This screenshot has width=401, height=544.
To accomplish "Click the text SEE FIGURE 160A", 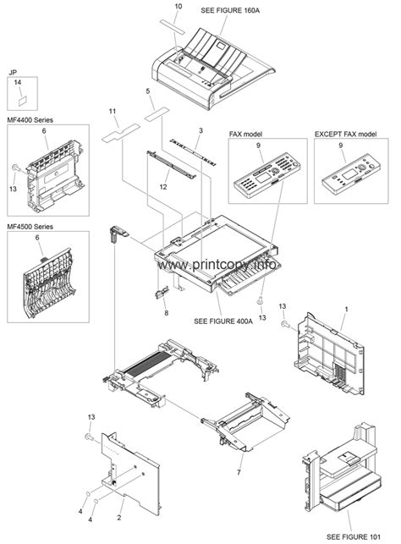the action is (230, 10).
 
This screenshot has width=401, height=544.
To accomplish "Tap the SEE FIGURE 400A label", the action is (223, 321).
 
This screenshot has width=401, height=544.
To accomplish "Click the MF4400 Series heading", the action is (30, 120).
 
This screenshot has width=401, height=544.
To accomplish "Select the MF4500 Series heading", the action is (30, 227).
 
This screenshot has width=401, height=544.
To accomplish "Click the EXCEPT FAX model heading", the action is (345, 134).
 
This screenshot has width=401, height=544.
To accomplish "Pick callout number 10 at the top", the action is (179, 6).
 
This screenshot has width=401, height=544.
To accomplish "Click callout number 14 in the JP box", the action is (18, 82).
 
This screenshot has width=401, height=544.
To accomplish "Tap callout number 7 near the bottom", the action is (239, 473).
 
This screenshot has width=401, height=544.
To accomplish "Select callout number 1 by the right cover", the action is (346, 309).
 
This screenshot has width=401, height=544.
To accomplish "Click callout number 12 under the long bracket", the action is (163, 187).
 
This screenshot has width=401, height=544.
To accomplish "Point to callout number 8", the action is (167, 313).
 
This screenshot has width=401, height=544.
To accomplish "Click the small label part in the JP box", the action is (23, 101).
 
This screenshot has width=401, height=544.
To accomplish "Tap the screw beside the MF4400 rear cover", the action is (15, 168).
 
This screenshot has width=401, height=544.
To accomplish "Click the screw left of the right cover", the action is (285, 325).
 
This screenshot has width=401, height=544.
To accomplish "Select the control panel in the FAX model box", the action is (267, 176).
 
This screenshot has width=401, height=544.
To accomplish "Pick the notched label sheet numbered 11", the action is (121, 133).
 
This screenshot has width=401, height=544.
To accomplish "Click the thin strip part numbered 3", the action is (193, 152).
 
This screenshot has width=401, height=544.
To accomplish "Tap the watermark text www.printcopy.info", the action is (217, 266).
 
